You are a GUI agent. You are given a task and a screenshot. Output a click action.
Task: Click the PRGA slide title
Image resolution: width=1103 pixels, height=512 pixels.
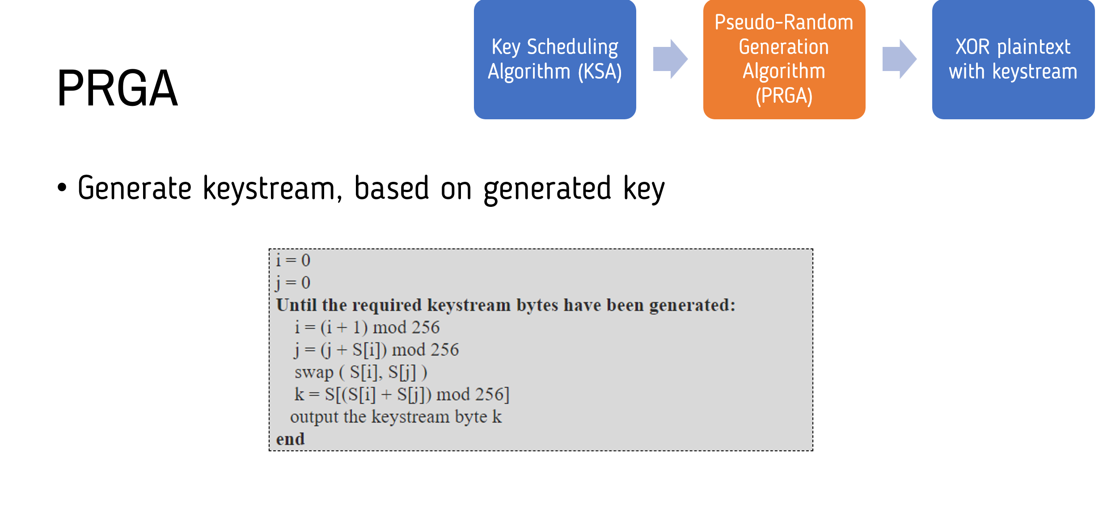coord(118,88)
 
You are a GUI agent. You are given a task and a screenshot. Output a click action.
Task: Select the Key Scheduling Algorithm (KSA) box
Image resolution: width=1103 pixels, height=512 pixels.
coord(555,59)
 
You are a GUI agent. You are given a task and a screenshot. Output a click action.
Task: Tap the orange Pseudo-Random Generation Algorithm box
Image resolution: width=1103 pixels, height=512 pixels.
coord(784,59)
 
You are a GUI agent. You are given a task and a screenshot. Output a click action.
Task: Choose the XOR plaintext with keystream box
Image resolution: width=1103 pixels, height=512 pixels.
coord(1014,59)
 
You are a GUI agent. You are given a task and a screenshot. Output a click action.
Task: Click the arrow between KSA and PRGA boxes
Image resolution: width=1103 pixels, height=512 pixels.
coord(670,59)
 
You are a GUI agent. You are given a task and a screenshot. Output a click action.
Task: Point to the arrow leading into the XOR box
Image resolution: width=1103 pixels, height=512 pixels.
coord(900,59)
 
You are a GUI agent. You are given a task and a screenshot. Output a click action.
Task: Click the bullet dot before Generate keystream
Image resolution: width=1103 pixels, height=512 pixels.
coord(62,188)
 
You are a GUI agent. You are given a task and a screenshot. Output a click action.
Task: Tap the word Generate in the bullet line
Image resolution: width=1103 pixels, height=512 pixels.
coord(135,188)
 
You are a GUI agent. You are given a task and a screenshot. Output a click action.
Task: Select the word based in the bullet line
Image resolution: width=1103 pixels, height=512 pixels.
coord(392,188)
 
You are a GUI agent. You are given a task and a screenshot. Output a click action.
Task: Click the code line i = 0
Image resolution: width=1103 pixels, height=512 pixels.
coord(293,260)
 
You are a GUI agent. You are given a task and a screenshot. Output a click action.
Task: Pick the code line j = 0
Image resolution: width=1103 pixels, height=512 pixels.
coord(293,283)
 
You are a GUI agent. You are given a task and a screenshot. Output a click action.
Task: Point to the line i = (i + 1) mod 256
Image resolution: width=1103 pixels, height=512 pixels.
coord(367,327)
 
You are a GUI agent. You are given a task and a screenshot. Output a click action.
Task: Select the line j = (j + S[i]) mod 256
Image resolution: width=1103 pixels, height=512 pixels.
coord(376,350)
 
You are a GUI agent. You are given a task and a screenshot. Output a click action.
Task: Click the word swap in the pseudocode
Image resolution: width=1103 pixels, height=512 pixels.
coord(314,373)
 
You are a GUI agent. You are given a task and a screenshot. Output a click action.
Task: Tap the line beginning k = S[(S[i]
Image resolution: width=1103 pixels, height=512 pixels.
coord(402,394)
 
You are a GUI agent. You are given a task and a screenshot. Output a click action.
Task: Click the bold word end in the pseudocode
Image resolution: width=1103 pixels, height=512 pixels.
coord(291,439)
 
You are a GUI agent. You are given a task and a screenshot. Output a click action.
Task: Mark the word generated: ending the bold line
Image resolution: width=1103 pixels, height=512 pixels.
coord(692,306)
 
